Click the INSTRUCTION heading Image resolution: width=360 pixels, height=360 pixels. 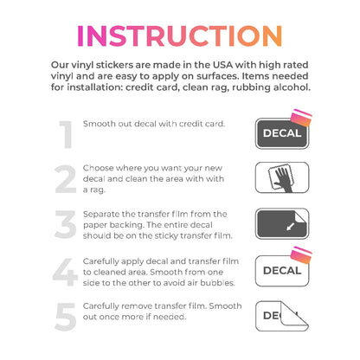(x=179, y=36)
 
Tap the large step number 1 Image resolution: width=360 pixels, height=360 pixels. (x=67, y=134)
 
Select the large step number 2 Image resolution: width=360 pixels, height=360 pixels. (x=66, y=179)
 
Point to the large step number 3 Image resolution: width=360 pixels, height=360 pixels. (x=66, y=224)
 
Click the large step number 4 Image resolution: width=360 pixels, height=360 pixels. (x=65, y=272)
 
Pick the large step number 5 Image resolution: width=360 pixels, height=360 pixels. (x=66, y=317)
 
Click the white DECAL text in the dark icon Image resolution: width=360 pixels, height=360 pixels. (x=282, y=133)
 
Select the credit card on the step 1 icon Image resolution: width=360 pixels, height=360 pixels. (x=301, y=118)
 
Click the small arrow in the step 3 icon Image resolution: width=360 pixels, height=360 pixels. (x=290, y=227)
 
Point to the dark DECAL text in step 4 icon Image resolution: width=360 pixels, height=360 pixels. (x=282, y=270)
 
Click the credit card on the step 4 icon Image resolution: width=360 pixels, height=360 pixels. (x=301, y=255)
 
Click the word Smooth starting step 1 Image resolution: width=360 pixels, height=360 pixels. (x=98, y=124)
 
